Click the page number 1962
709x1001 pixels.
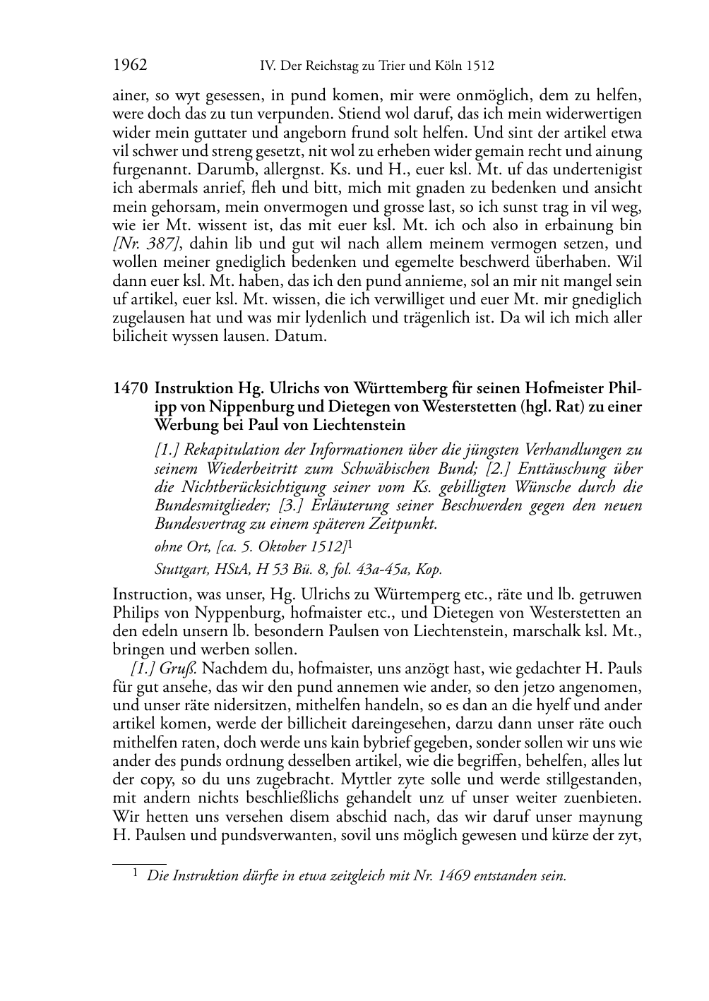tap(130, 66)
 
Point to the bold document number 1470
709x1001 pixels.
tap(130, 388)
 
